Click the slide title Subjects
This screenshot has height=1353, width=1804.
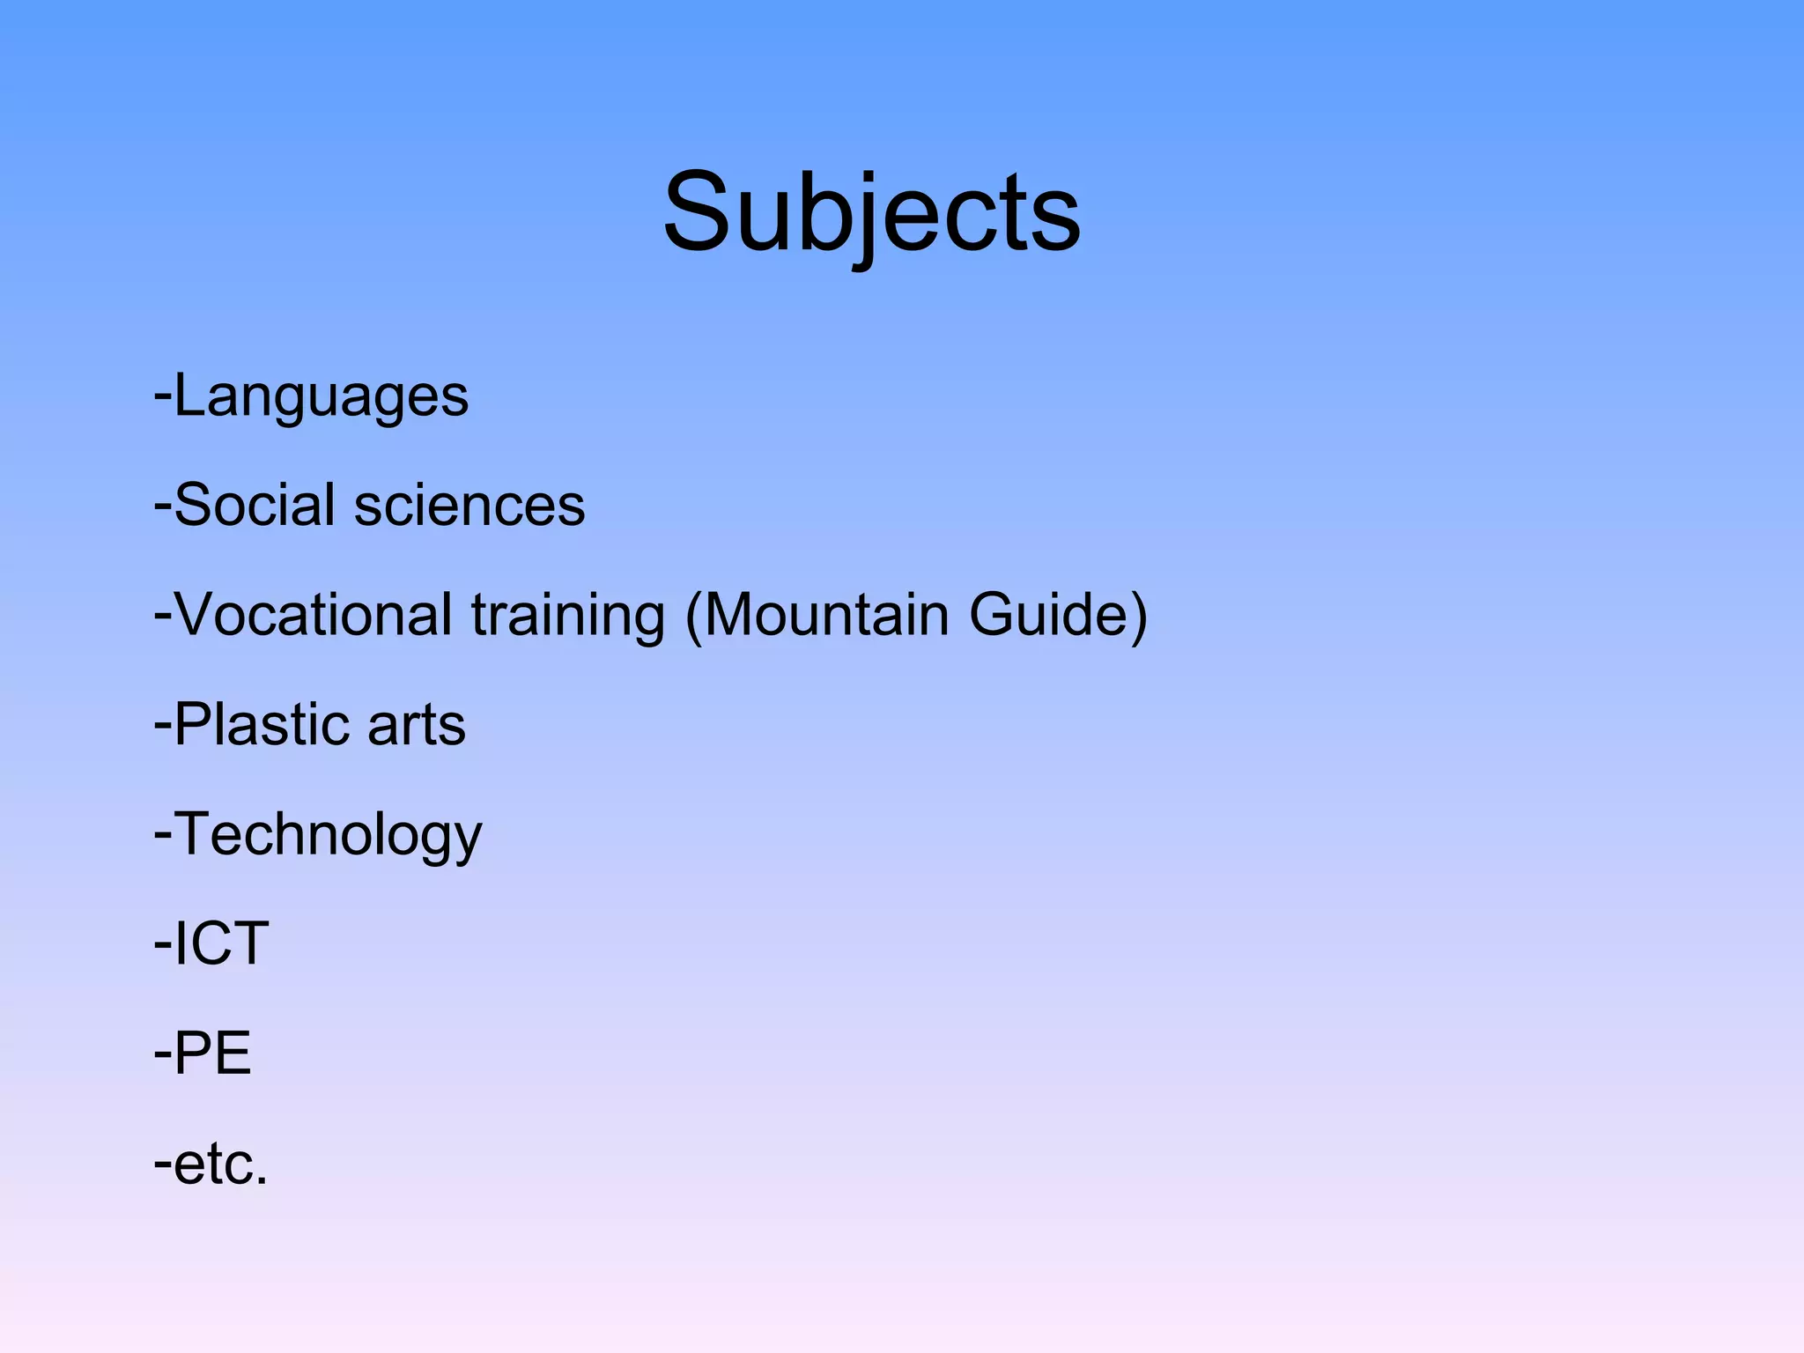pos(871,213)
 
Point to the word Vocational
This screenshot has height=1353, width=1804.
pos(314,615)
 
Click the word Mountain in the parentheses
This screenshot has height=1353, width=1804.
pos(826,615)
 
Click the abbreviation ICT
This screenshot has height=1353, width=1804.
pos(221,943)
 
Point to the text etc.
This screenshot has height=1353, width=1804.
pos(215,1164)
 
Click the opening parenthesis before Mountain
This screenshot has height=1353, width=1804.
pos(693,617)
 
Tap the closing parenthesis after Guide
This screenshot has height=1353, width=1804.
pos(1138,617)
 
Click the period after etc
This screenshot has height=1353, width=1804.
pos(262,1182)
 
